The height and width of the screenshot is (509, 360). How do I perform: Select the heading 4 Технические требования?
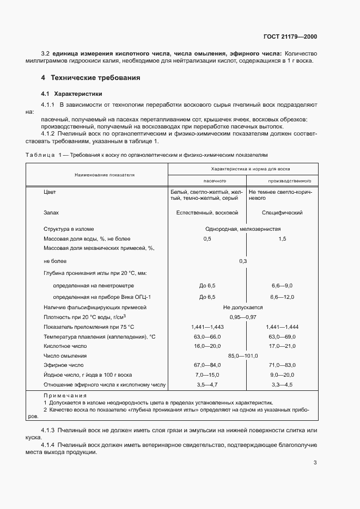[90, 78]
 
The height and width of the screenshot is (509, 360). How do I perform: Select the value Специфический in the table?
[282, 213]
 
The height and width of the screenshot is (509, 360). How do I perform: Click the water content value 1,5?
[282, 238]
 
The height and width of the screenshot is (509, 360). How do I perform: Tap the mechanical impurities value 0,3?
[243, 261]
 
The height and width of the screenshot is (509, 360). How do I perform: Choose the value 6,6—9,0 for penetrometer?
[282, 285]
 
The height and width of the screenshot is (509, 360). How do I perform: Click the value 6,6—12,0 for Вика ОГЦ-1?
[282, 297]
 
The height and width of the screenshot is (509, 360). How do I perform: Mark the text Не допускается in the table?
[243, 308]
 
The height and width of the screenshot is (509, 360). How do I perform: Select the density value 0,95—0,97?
[243, 317]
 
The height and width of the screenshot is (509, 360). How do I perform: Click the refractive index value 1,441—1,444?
[282, 327]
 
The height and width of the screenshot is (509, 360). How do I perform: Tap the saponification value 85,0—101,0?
[243, 355]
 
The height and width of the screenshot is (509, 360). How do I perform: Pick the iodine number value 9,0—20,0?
[282, 375]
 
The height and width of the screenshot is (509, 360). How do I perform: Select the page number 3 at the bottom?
[315, 463]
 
